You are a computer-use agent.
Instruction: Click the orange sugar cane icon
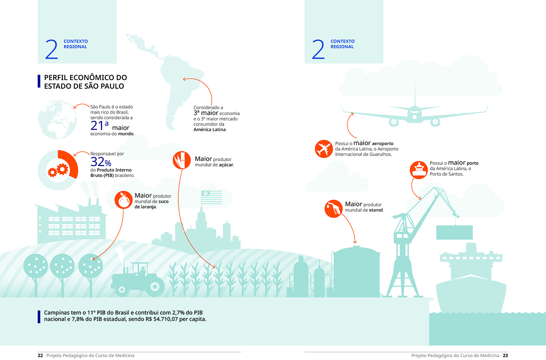[182, 160]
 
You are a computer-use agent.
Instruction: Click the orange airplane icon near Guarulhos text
[324, 149]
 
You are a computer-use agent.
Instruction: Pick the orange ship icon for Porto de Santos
[418, 169]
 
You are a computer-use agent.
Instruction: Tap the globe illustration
[57, 120]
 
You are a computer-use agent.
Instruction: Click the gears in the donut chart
[57, 170]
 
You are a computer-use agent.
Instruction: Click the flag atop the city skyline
[211, 197]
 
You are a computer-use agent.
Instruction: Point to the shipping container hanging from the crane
[454, 232]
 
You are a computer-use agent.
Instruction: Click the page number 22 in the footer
[40, 355]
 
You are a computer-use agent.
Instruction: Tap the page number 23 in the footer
[505, 355]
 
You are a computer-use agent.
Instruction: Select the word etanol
[376, 210]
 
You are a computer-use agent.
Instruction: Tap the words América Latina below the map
[210, 129]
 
